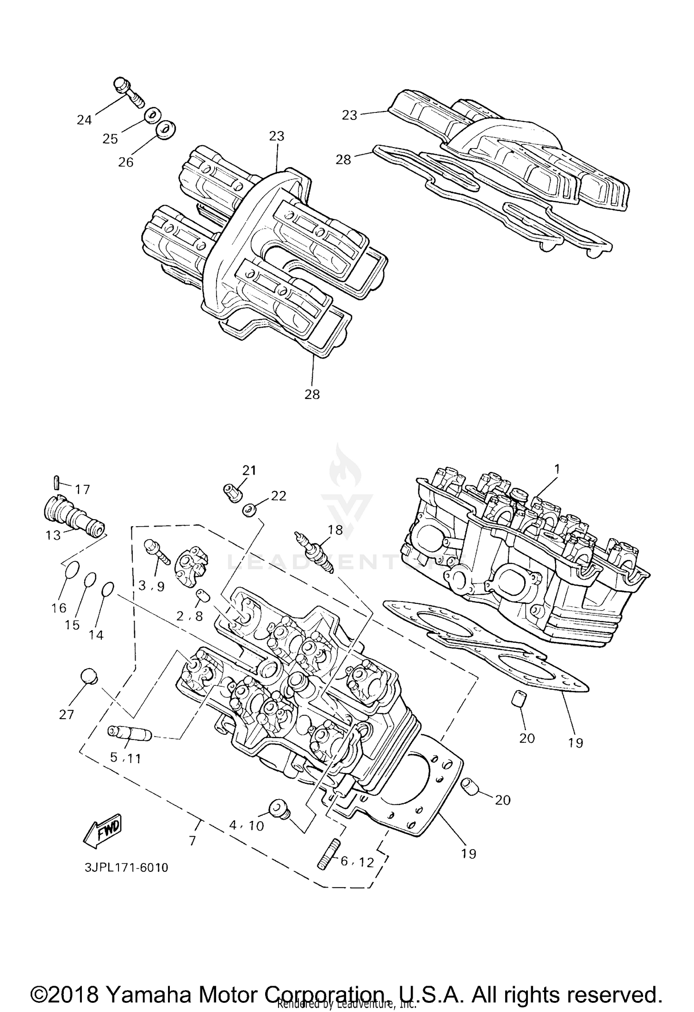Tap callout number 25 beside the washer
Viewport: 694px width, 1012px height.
pyautogui.click(x=110, y=139)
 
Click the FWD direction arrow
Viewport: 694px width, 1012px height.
pyautogui.click(x=101, y=830)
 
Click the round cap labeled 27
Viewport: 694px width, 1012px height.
pyautogui.click(x=89, y=677)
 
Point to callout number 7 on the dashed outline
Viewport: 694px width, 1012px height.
pyautogui.click(x=192, y=840)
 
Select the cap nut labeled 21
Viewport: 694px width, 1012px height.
pyautogui.click(x=232, y=493)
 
